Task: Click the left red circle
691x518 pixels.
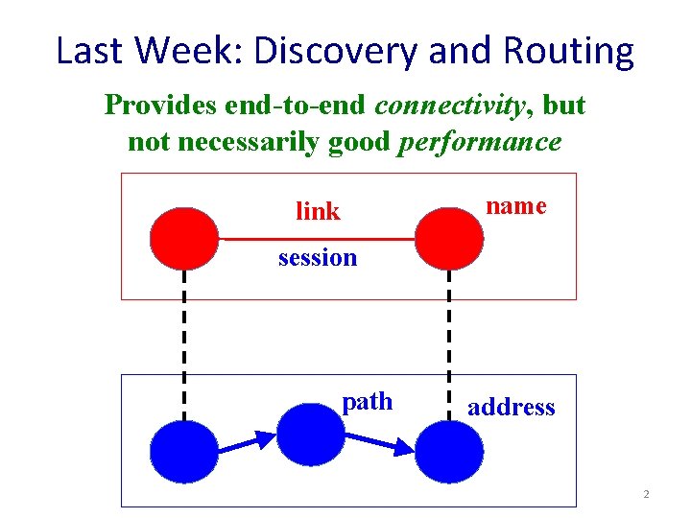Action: [x=184, y=238]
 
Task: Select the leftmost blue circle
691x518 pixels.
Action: [x=184, y=452]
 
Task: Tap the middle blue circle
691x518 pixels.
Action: [x=310, y=434]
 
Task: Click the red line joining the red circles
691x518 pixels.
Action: [x=317, y=238]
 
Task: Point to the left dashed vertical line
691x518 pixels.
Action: [x=184, y=345]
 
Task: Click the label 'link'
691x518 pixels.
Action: [x=318, y=211]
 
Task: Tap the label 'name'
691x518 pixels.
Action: [x=516, y=205]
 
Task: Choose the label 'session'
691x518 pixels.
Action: [x=318, y=257]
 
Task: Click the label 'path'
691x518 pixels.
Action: [x=368, y=402]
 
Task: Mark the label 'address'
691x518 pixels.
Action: [x=511, y=407]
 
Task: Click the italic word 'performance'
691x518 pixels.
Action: [x=479, y=143]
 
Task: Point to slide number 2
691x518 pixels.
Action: [x=646, y=494]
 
